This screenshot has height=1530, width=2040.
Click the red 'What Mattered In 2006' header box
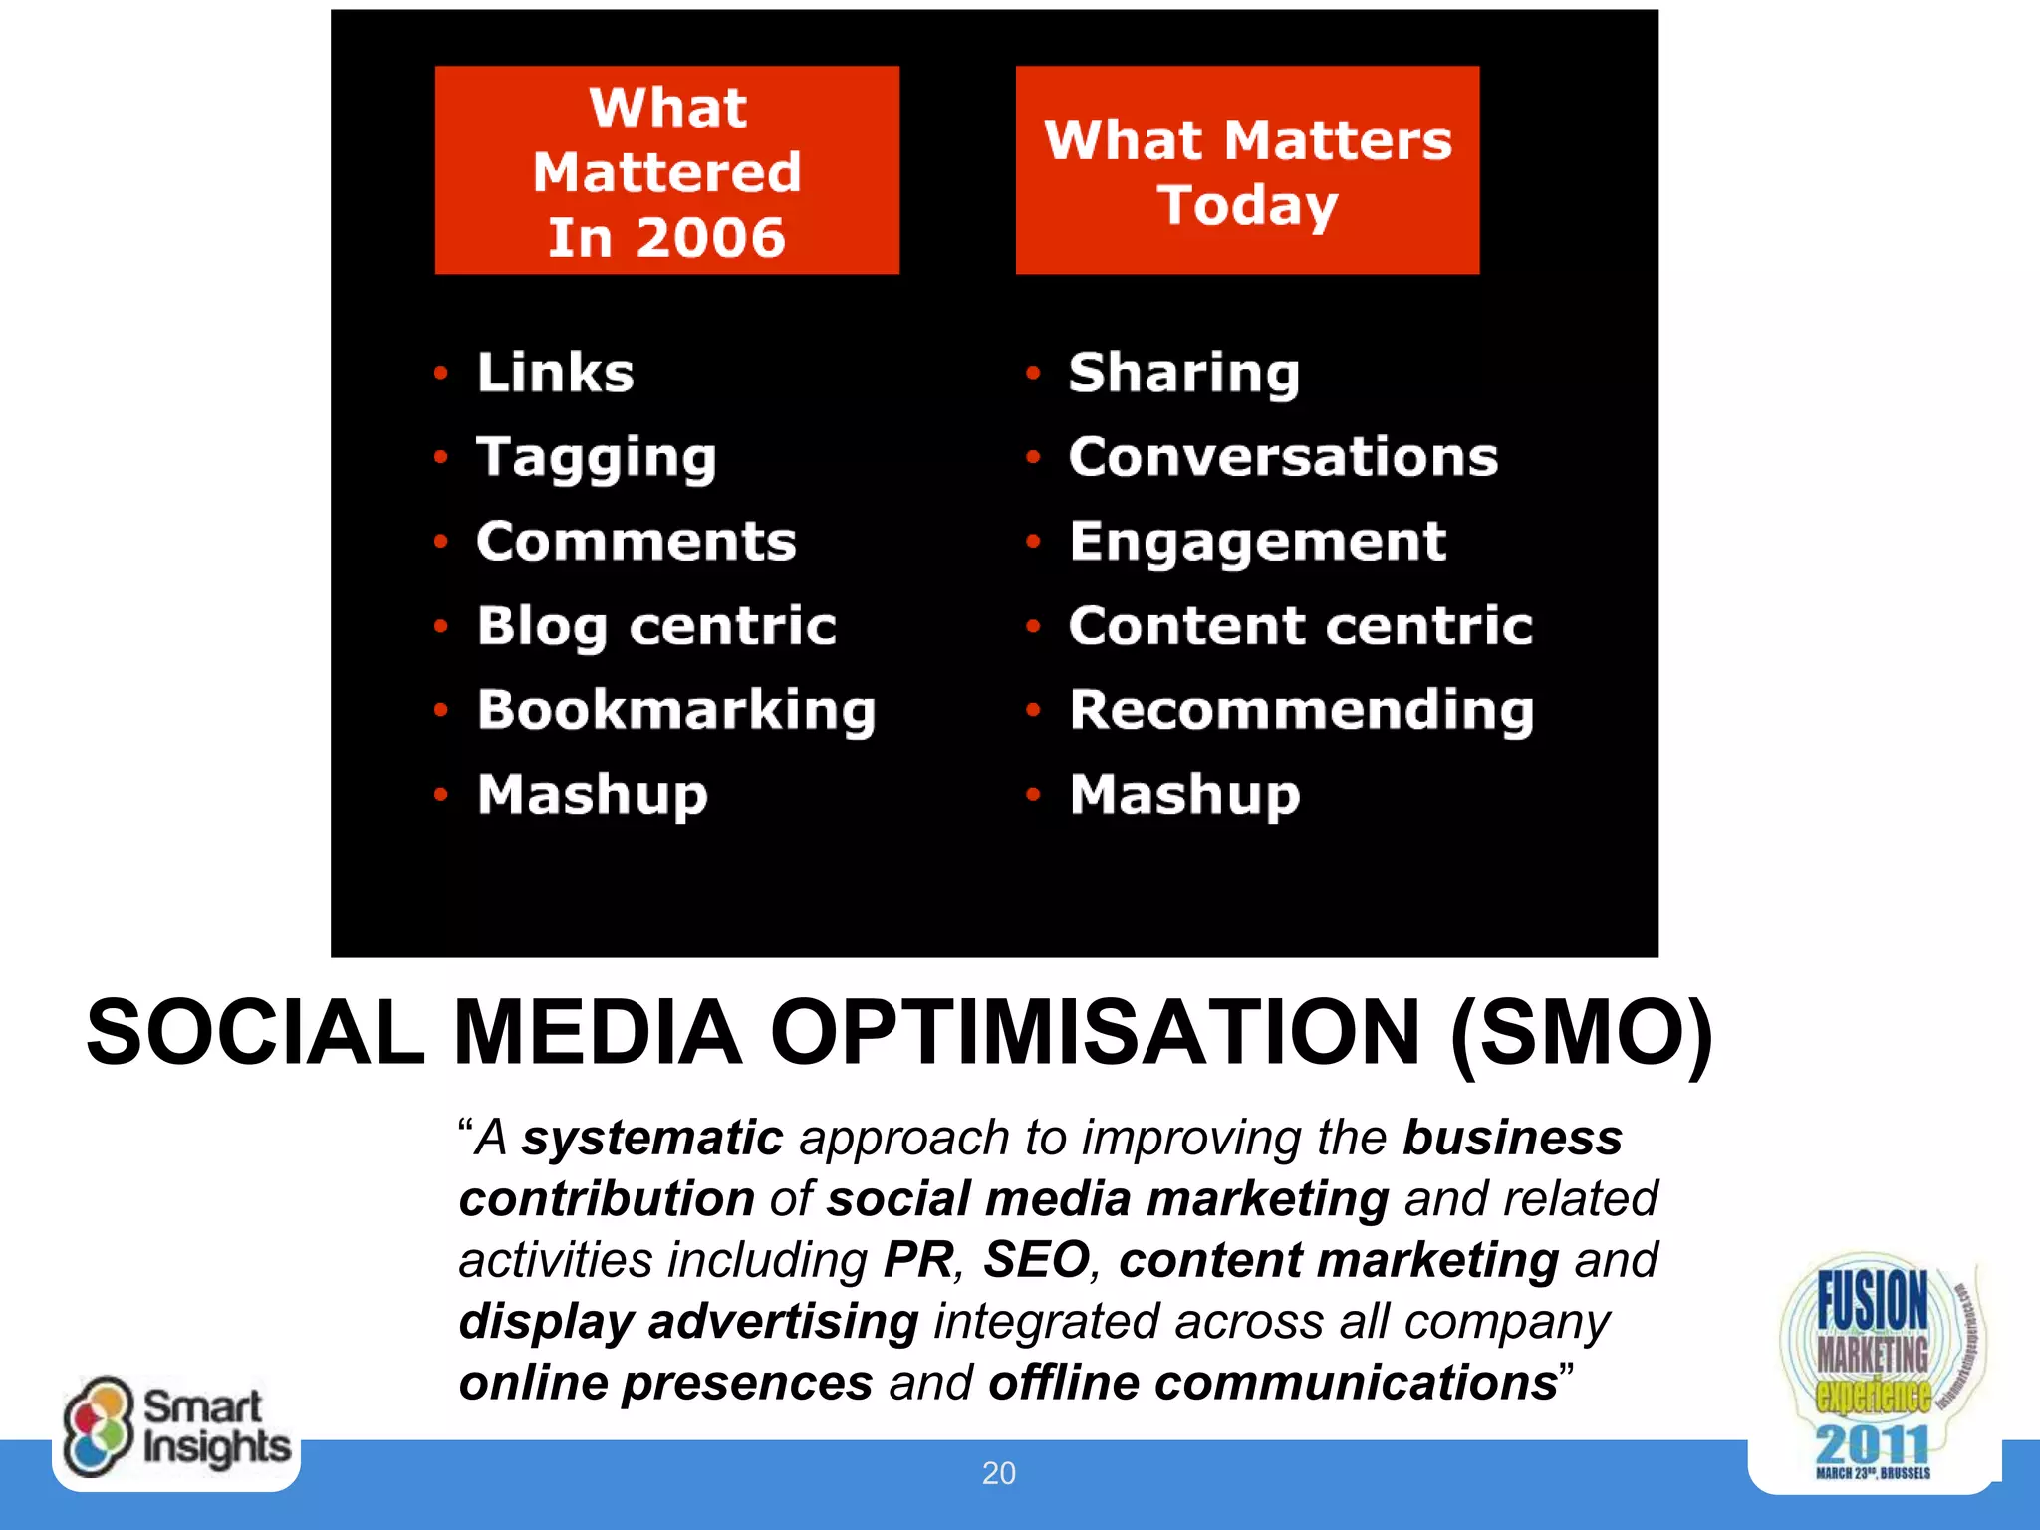coord(666,170)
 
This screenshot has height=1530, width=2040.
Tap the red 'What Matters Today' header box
coord(1247,170)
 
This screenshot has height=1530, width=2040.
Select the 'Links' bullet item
coord(555,373)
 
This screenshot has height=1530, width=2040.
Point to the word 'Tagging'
coord(596,458)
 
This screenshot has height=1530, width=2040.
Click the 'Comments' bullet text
coord(636,542)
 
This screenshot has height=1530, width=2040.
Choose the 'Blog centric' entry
coord(655,627)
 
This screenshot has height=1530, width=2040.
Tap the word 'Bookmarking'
coord(675,710)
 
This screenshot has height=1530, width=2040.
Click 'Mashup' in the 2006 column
coord(592,795)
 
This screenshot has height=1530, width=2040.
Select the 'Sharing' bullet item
coord(1183,374)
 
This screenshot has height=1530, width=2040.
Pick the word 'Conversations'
coord(1283,457)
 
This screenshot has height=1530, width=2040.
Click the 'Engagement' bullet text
coord(1257,542)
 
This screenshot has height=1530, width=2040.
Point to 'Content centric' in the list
coord(1300,627)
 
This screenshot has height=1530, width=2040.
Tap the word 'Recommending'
coord(1301,710)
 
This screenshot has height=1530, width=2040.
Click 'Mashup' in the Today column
coord(1184,795)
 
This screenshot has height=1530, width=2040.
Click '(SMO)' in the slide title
coord(1581,1033)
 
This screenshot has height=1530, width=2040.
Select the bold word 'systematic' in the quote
coord(652,1138)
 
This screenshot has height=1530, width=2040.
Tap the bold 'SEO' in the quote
coord(1036,1260)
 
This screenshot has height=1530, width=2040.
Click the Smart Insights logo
coord(176,1427)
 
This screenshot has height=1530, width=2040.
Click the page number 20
coord(999,1473)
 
